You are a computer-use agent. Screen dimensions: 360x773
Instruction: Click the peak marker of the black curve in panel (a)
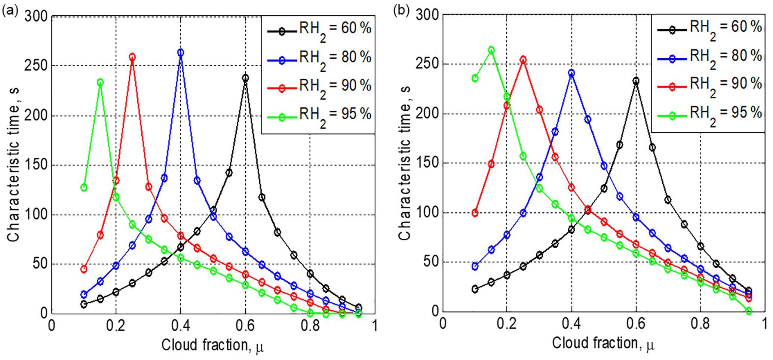245,78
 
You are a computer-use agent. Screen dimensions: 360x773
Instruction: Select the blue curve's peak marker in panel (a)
181,53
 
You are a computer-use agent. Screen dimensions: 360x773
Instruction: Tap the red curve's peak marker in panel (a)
132,57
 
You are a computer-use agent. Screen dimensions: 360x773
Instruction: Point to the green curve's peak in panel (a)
100,82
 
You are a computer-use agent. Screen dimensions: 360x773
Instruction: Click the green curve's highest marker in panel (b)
491,50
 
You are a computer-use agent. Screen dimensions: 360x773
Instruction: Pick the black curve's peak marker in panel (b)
636,81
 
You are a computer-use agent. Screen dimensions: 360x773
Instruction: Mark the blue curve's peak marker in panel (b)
571,73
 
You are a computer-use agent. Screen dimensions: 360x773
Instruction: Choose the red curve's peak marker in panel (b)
523,59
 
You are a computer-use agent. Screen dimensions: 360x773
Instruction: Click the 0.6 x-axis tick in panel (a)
245,325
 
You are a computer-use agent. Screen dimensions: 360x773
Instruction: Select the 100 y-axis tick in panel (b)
426,213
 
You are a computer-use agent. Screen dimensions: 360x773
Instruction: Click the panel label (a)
10,10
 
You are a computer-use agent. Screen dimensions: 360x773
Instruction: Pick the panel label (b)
401,10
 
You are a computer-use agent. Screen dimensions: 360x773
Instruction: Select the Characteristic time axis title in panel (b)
405,163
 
